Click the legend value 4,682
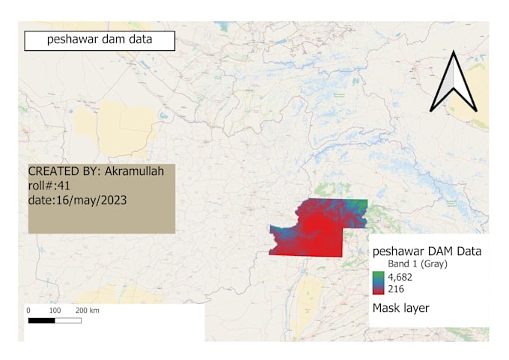(x=400, y=278)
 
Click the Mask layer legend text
(x=400, y=308)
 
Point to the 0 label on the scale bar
(x=28, y=310)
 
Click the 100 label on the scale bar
(x=55, y=310)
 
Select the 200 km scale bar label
(x=87, y=310)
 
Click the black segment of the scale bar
(x=41, y=320)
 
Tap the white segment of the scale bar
(x=68, y=320)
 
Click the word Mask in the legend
(x=386, y=308)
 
